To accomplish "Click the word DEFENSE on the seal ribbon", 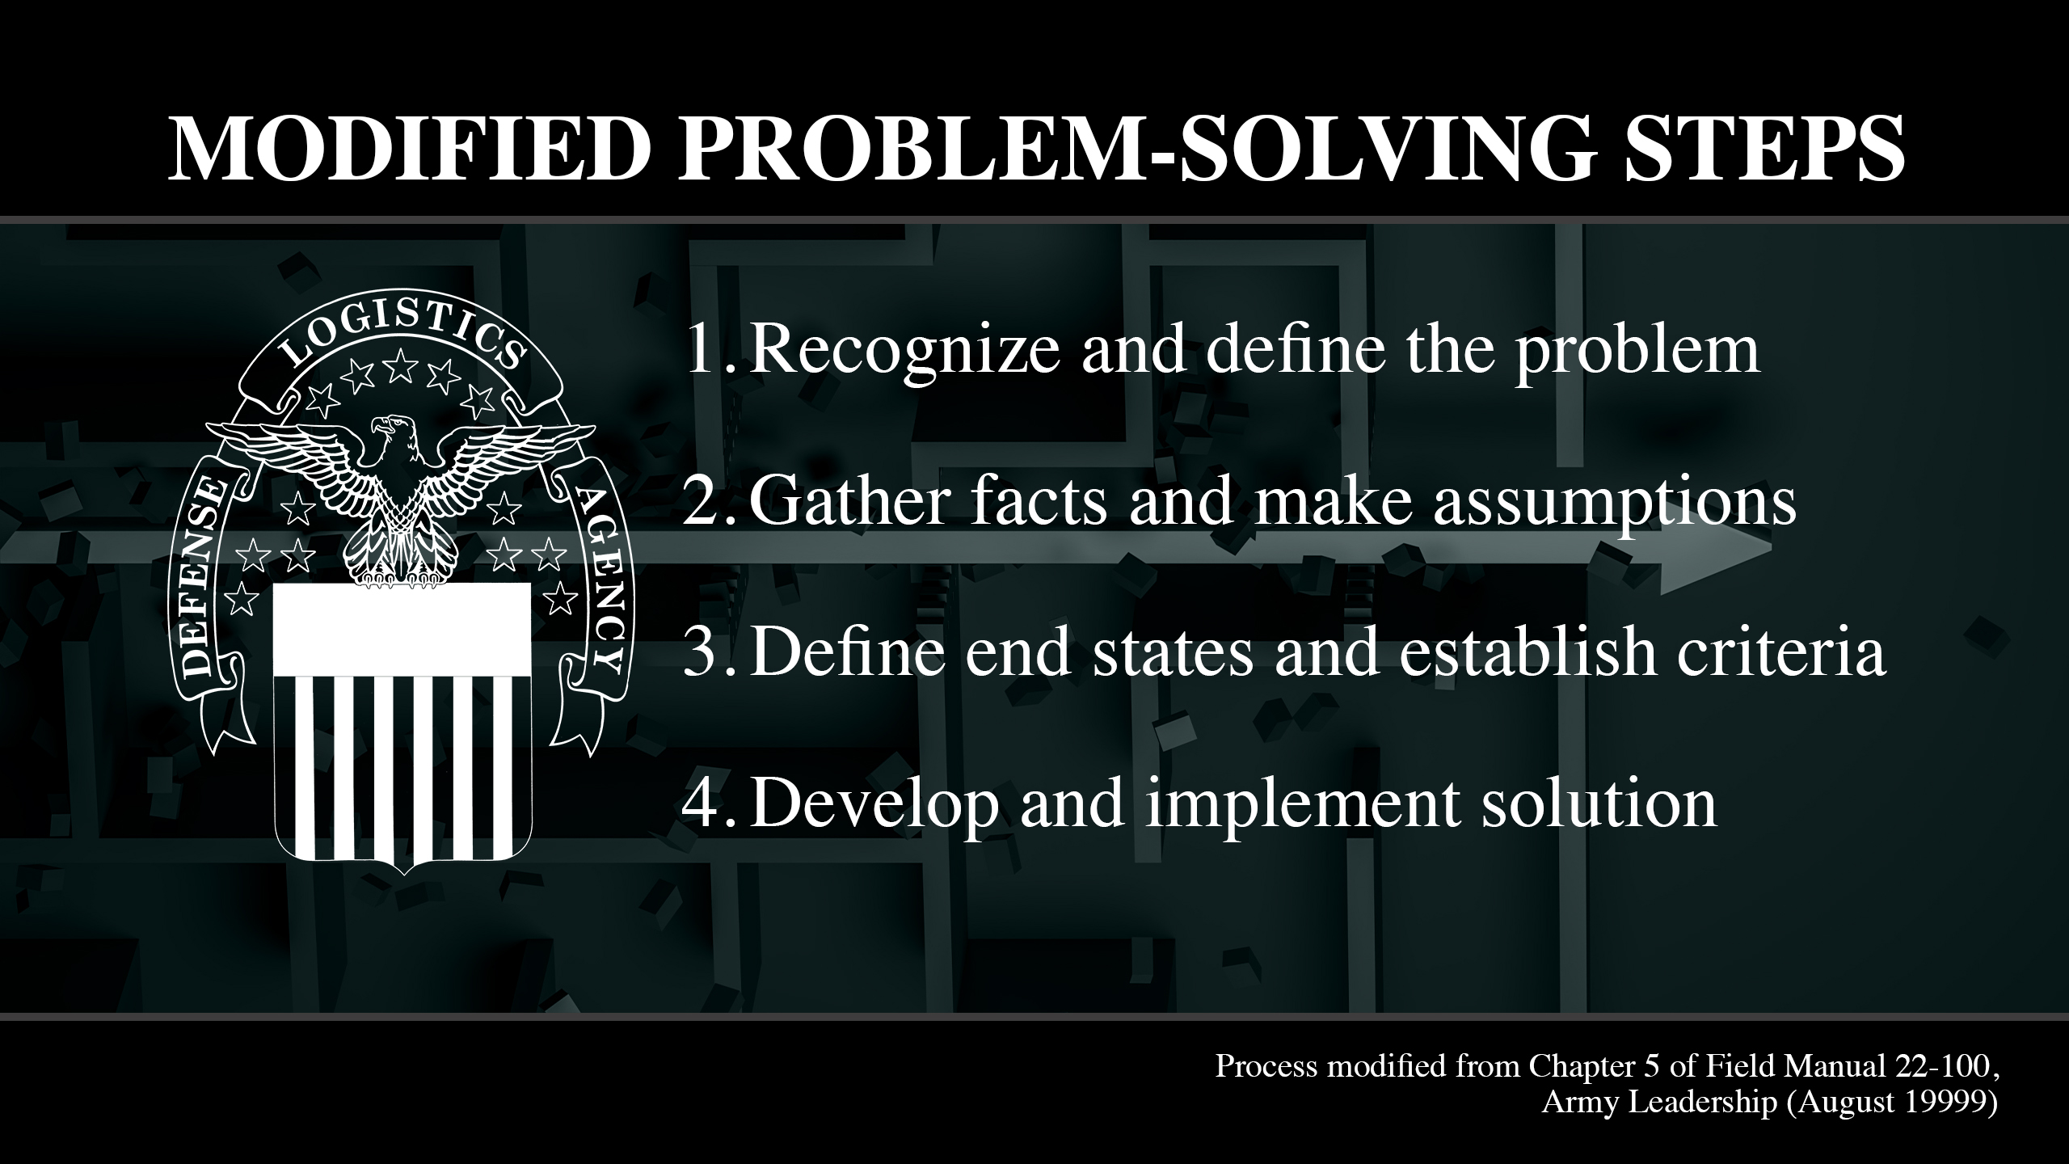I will tap(200, 579).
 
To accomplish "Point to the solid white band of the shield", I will tap(402, 630).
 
